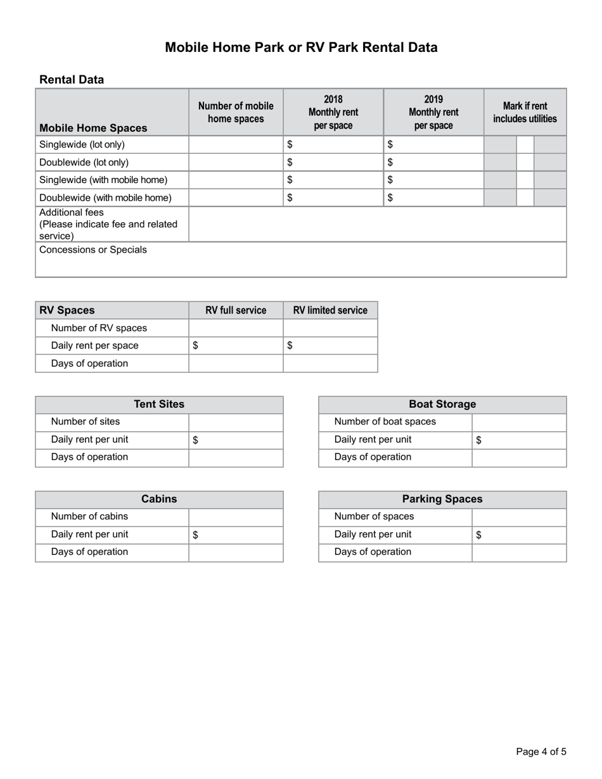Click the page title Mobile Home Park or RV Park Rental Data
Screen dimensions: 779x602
click(x=301, y=47)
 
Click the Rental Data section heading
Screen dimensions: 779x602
click(x=72, y=80)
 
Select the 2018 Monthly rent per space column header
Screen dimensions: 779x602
click(x=333, y=112)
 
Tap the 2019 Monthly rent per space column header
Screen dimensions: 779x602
click(x=433, y=112)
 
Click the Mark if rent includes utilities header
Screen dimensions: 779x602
click(x=525, y=112)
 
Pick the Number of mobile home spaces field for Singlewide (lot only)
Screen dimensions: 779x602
click(x=236, y=144)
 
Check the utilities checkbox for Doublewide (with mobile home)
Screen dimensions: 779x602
click(x=525, y=198)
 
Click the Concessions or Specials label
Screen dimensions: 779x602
click(x=93, y=250)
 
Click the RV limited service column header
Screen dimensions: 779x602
click(x=330, y=310)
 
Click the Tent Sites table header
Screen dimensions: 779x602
click(x=159, y=405)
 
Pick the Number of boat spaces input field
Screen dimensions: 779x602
click(x=519, y=422)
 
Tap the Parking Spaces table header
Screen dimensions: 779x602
click(x=442, y=499)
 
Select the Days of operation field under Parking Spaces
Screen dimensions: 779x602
click(x=519, y=552)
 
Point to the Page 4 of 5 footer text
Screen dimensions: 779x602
click(x=541, y=752)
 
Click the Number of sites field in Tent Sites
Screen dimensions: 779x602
click(x=236, y=422)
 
